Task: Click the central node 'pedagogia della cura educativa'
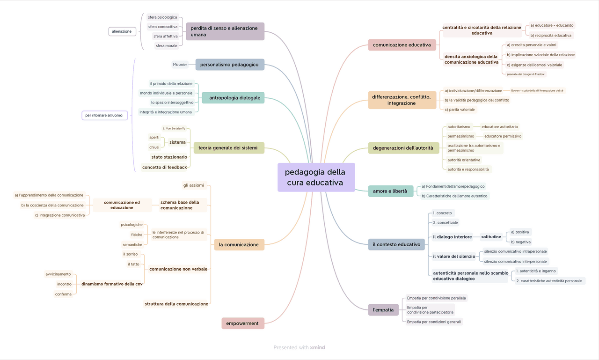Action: pyautogui.click(x=316, y=177)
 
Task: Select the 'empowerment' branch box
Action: pyautogui.click(x=242, y=323)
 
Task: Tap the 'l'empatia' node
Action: pyautogui.click(x=383, y=310)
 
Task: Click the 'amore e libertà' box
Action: pyautogui.click(x=390, y=191)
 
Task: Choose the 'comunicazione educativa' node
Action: pyautogui.click(x=402, y=45)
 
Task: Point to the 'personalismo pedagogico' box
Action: pyautogui.click(x=229, y=65)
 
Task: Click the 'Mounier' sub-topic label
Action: pyautogui.click(x=180, y=65)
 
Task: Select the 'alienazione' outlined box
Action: pyautogui.click(x=122, y=31)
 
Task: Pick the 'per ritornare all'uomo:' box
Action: pyautogui.click(x=104, y=115)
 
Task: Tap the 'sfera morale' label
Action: pyautogui.click(x=167, y=46)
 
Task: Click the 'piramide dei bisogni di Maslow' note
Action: pyautogui.click(x=526, y=74)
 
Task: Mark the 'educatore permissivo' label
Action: pyautogui.click(x=503, y=136)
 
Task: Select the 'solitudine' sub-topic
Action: pyautogui.click(x=491, y=237)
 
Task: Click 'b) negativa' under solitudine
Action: pyautogui.click(x=521, y=242)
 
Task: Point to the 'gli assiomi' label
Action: pyautogui.click(x=194, y=185)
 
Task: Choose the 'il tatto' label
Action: pyautogui.click(x=134, y=264)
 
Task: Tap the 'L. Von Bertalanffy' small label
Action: pyautogui.click(x=174, y=128)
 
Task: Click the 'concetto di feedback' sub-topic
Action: pyautogui.click(x=164, y=167)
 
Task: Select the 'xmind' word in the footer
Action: pyautogui.click(x=317, y=347)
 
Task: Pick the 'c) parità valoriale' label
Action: pyautogui.click(x=460, y=110)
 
